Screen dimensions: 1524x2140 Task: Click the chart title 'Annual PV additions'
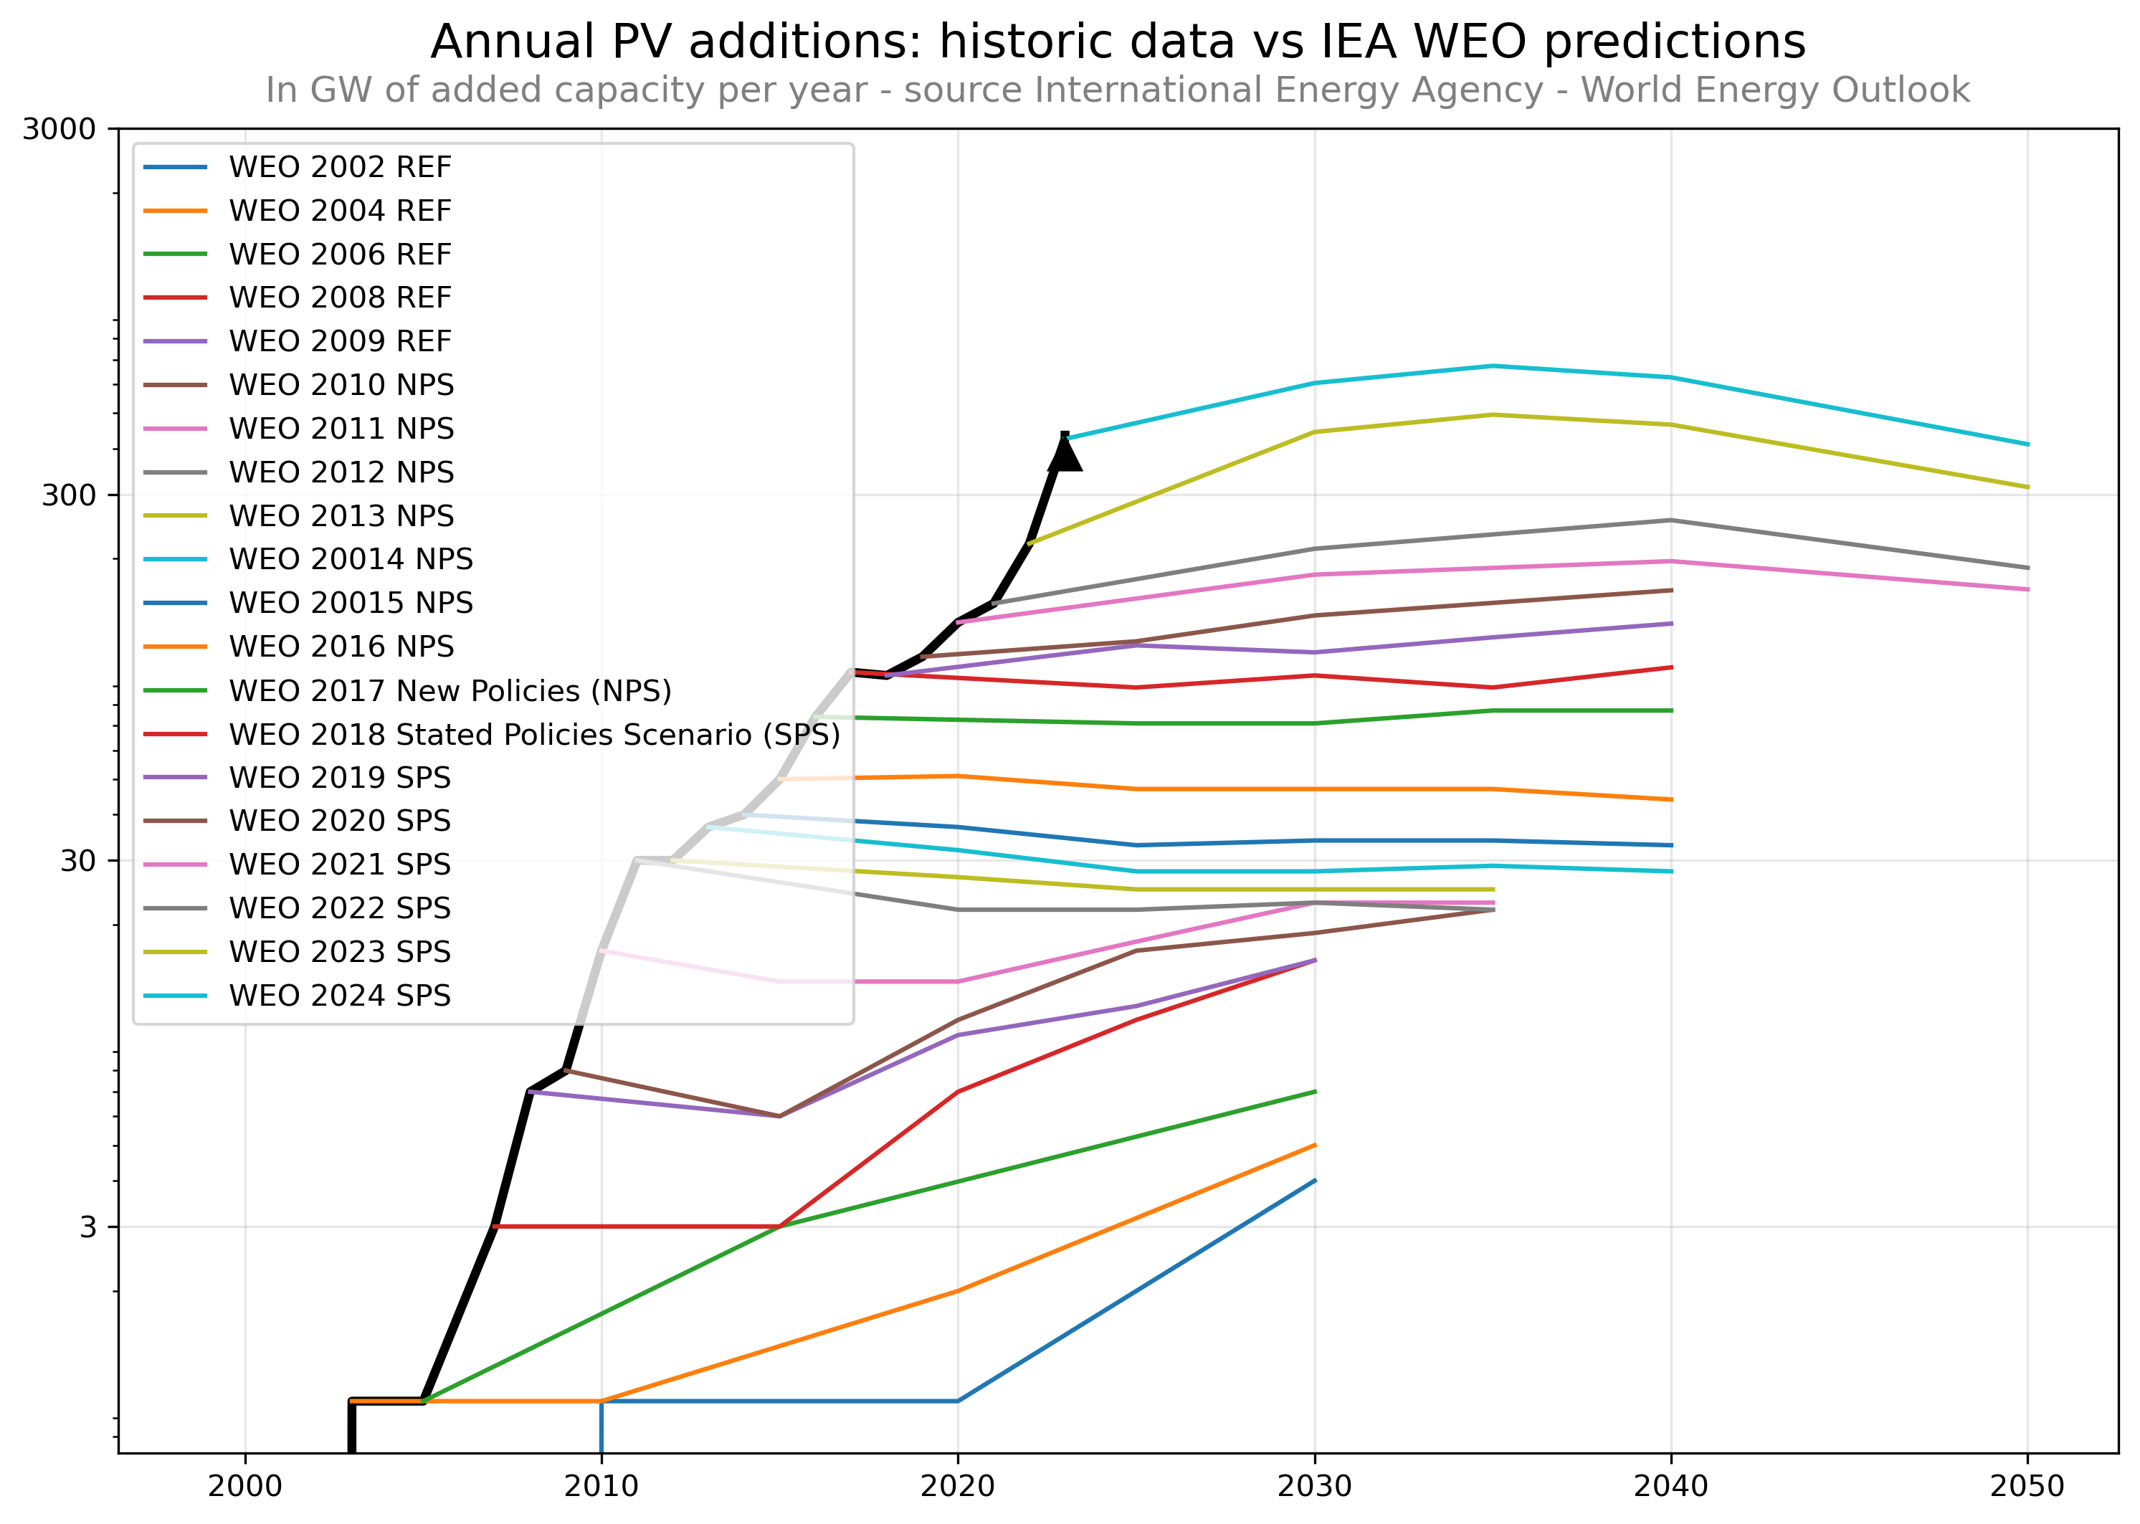pos(1117,42)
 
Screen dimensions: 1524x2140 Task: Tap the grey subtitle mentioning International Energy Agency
pos(1117,90)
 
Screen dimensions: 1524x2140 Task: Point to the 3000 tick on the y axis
pos(59,128)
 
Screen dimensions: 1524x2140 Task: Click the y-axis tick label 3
pos(88,1227)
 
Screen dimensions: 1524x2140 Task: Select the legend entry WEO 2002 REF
pos(340,167)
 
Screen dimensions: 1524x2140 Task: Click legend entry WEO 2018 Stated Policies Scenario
pos(534,734)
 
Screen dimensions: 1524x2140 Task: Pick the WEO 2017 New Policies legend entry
pos(450,691)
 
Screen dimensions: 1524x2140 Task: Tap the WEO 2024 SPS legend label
pos(340,995)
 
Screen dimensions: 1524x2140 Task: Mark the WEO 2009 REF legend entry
pos(340,340)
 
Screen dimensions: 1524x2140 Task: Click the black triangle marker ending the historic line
pos(1065,453)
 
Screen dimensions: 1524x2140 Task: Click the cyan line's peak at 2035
pos(1493,366)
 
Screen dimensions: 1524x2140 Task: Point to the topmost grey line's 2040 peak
pos(1670,520)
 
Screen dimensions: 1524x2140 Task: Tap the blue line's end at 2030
pos(1314,1181)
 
